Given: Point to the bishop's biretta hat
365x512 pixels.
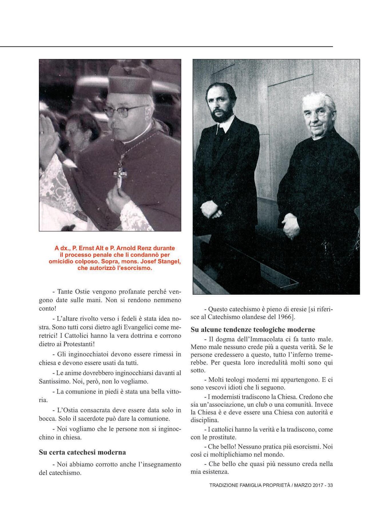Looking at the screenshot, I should tap(130, 80).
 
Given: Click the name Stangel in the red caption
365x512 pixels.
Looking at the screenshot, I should tap(168, 261).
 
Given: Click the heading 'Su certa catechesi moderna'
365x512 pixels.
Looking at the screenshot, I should tap(82, 452).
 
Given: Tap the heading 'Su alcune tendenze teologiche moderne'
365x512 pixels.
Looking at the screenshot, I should tap(253, 330).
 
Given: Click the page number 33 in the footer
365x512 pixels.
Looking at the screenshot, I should tap(330, 485).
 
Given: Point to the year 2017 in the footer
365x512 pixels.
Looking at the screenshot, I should tap(318, 485).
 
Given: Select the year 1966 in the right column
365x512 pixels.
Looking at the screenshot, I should tap(284, 317).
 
